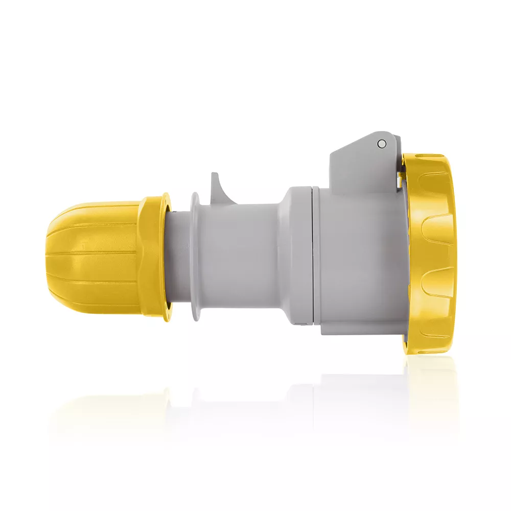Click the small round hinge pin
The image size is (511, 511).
point(381,144)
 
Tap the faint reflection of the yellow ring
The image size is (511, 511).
point(432,388)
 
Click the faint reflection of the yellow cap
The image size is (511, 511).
point(102,409)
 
